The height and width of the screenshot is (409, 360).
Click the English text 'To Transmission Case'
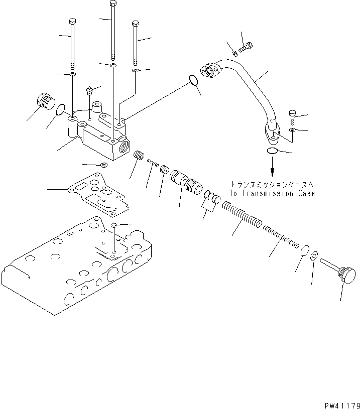tap(272, 193)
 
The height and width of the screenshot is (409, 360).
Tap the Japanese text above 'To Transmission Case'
tap(272, 184)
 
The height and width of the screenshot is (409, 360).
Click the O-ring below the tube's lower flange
tap(272, 151)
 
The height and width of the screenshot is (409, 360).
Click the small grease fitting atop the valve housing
tap(89, 92)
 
